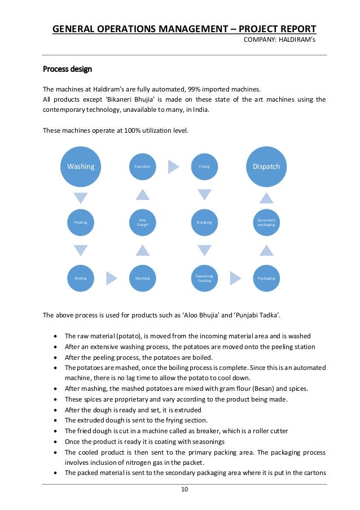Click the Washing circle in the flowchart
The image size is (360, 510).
pyautogui.click(x=81, y=167)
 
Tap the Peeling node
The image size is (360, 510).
pyautogui.click(x=81, y=223)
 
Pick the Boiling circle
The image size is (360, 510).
pyautogui.click(x=81, y=278)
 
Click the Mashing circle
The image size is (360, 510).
pyautogui.click(x=143, y=278)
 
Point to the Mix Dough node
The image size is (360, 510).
pyautogui.click(x=143, y=223)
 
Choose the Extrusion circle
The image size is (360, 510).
pyautogui.click(x=143, y=167)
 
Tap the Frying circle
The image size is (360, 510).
pyautogui.click(x=204, y=167)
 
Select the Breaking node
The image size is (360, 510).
pyautogui.click(x=204, y=223)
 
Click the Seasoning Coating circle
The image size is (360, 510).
pyautogui.click(x=204, y=278)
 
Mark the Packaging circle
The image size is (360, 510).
pyautogui.click(x=266, y=278)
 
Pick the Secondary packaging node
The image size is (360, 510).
pyautogui.click(x=266, y=223)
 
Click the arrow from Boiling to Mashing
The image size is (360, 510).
pyautogui.click(x=112, y=278)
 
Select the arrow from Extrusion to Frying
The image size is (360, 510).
pyautogui.click(x=174, y=167)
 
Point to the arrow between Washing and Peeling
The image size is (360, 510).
pyautogui.click(x=81, y=198)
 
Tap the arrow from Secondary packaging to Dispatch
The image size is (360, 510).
pyautogui.click(x=266, y=198)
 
